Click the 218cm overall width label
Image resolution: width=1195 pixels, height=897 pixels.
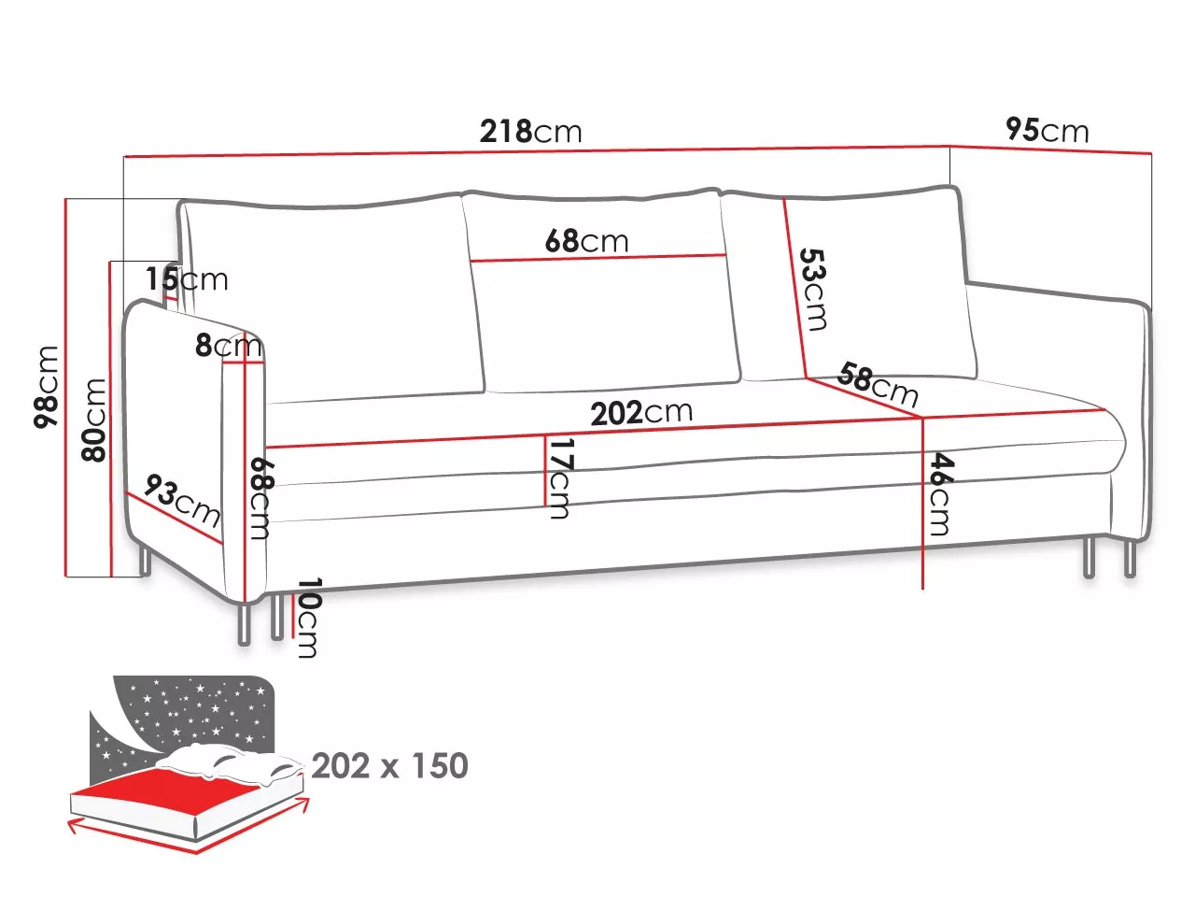tap(530, 131)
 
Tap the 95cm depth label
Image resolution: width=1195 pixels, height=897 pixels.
tap(1047, 130)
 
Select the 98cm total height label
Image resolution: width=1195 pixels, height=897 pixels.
tap(46, 387)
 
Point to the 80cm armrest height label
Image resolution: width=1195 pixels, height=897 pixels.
tap(93, 420)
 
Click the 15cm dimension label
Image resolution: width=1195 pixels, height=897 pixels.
tap(187, 278)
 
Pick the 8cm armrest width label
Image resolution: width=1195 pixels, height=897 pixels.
tap(229, 345)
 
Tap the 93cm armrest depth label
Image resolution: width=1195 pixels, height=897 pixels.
tap(183, 501)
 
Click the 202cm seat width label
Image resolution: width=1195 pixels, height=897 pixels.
tap(641, 412)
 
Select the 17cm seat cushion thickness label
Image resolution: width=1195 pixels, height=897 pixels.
tap(559, 478)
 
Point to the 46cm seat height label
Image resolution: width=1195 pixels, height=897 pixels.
tap(941, 494)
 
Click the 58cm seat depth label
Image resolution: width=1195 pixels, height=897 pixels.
tap(878, 385)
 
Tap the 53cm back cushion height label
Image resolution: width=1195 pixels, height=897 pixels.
tap(813, 290)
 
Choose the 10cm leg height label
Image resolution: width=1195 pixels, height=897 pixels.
tap(309, 618)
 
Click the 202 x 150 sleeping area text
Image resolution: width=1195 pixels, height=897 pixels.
tap(390, 765)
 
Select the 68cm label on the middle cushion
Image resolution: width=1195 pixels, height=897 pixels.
tap(587, 240)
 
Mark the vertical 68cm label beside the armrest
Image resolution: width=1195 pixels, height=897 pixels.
tap(261, 498)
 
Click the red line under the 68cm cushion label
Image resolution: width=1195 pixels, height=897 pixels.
tap(597, 258)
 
